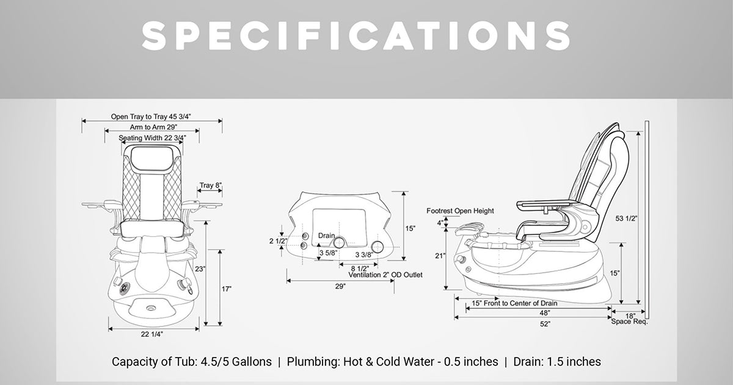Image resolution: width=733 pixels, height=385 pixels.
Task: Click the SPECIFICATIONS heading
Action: click(x=356, y=36)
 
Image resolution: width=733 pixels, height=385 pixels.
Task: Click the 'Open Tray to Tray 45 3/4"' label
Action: click(x=151, y=117)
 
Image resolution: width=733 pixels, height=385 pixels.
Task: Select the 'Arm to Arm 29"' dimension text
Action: click(x=153, y=127)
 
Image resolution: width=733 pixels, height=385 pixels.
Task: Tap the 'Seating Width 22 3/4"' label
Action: click(x=152, y=138)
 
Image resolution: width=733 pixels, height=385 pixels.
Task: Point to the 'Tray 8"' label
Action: click(x=210, y=185)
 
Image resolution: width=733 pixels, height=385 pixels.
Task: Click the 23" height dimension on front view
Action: click(x=200, y=269)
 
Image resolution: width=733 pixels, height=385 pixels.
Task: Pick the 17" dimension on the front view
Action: click(x=227, y=289)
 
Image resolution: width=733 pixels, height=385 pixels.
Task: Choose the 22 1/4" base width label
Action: click(x=152, y=334)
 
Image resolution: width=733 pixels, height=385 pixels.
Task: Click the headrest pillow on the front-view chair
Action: click(x=152, y=159)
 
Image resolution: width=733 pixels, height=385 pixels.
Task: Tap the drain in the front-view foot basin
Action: click(x=151, y=308)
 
